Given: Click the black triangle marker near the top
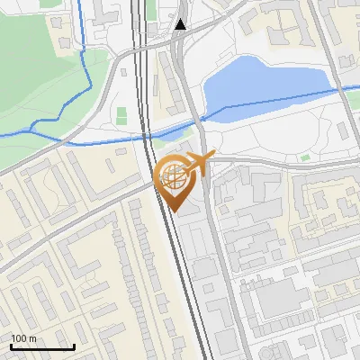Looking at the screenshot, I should point(181,24).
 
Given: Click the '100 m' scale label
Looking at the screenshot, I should point(23,338).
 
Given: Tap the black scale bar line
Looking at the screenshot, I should point(42,347).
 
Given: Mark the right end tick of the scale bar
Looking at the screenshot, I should point(74,346).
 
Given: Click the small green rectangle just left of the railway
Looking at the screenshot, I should point(121,114).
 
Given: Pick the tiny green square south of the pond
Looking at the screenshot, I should point(305,157).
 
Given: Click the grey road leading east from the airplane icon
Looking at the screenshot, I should point(270,163).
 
